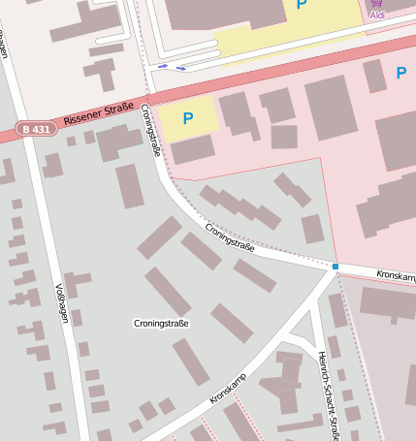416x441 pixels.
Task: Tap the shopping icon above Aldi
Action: [x=377, y=4]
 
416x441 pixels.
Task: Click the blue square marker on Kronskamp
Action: [x=336, y=266]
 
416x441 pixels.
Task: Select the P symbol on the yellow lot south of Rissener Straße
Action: [x=188, y=118]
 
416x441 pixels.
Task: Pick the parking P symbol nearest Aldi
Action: [x=302, y=6]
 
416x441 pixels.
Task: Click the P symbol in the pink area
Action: [x=400, y=73]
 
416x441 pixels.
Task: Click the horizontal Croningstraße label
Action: [x=160, y=323]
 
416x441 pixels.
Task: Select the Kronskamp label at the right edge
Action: [x=395, y=277]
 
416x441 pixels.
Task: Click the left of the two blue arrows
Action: [x=162, y=66]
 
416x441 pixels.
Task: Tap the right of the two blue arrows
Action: [x=180, y=68]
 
